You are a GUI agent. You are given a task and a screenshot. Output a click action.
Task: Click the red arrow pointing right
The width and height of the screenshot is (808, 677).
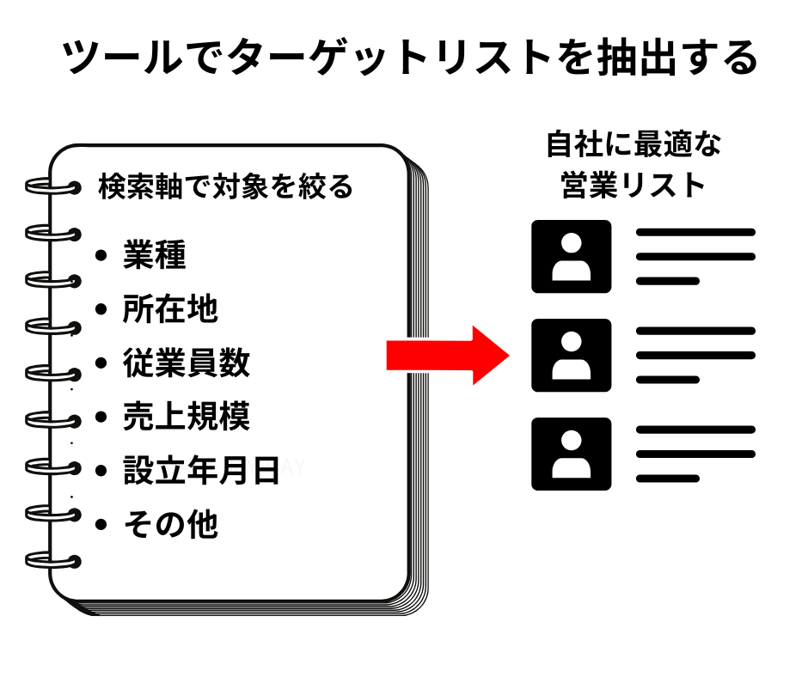pyautogui.click(x=447, y=353)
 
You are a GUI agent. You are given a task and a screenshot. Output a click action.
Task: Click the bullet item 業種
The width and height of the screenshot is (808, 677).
pyautogui.click(x=155, y=255)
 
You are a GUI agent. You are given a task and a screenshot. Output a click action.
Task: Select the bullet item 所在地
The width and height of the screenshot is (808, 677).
pyautogui.click(x=170, y=309)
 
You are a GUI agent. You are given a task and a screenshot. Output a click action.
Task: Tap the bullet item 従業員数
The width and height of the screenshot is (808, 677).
pyautogui.click(x=186, y=363)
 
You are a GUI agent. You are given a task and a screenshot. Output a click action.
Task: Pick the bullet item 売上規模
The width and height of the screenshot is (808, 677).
pyautogui.click(x=186, y=418)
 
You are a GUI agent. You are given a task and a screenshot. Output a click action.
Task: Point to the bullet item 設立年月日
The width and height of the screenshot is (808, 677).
pyautogui.click(x=201, y=471)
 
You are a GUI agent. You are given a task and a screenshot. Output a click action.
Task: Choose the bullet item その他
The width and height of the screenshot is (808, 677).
pyautogui.click(x=170, y=524)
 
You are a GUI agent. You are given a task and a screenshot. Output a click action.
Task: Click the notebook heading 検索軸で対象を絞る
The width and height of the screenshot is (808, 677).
pyautogui.click(x=225, y=186)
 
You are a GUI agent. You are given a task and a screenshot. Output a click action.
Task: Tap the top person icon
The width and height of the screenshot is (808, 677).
pyautogui.click(x=571, y=256)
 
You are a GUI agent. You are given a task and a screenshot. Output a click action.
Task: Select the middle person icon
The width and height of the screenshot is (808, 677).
pyautogui.click(x=571, y=355)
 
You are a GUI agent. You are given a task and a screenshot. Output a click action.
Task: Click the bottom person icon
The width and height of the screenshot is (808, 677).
pyautogui.click(x=571, y=454)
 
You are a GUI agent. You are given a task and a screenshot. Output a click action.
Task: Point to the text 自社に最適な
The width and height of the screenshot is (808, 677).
pyautogui.click(x=634, y=144)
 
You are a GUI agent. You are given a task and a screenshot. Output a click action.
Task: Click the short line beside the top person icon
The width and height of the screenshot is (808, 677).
pyautogui.click(x=667, y=281)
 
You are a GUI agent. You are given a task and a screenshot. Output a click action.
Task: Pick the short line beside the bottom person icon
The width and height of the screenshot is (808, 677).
pyautogui.click(x=667, y=479)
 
